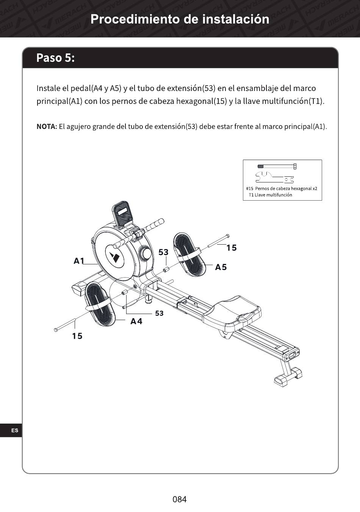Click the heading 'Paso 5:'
tap(55, 58)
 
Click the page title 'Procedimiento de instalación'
tap(180, 19)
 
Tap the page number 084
tap(180, 499)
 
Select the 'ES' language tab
tap(15, 430)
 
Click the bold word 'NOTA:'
tap(47, 126)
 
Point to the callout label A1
tap(79, 261)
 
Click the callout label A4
tap(136, 322)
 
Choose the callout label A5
tap(221, 267)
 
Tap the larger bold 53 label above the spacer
tap(163, 252)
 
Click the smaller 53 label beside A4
tap(159, 313)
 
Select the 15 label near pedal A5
tap(231, 248)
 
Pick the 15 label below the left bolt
tap(77, 336)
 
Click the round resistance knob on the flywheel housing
tap(145, 253)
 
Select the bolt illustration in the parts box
tap(277, 166)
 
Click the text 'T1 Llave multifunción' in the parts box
tap(270, 195)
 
